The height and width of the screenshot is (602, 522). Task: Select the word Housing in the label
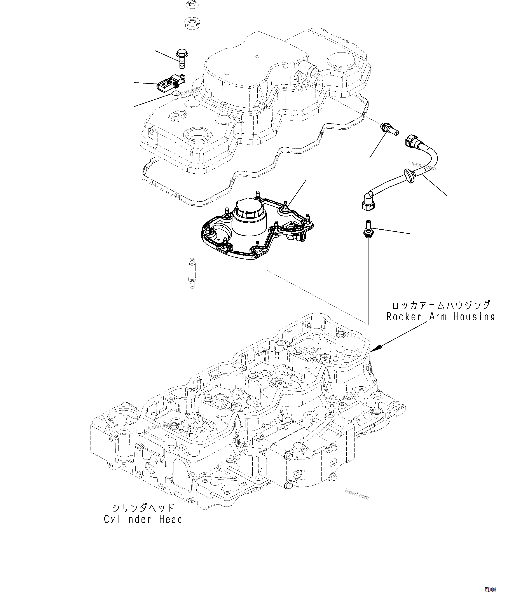pyautogui.click(x=474, y=317)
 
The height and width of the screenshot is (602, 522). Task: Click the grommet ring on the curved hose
pyautogui.click(x=409, y=176)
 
